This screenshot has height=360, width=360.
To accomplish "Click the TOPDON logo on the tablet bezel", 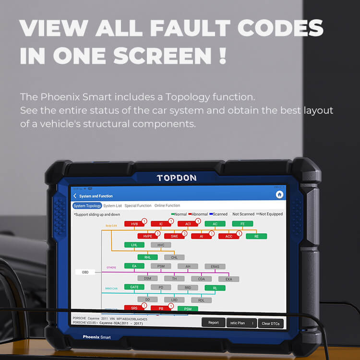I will [x=176, y=178].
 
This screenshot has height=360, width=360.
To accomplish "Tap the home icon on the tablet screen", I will [x=279, y=195].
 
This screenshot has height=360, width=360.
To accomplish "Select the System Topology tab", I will [x=87, y=205].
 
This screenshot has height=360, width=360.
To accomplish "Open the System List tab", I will [x=112, y=205].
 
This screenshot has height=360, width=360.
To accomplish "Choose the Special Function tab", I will [x=138, y=205].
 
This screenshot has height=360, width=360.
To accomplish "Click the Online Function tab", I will [x=167, y=205].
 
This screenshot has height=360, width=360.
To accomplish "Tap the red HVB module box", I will [x=134, y=224].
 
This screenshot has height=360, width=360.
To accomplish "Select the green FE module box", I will [x=242, y=224].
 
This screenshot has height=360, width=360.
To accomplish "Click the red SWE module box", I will [x=174, y=236].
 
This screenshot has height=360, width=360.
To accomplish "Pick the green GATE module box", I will [x=134, y=287].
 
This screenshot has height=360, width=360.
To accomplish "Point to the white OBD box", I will [x=85, y=272].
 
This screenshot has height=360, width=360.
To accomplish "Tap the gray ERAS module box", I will [x=215, y=266].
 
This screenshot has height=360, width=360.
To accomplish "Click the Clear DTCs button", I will [x=271, y=324].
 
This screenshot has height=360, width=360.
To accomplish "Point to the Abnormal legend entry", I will [x=197, y=214].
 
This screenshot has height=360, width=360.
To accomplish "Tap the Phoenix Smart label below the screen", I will [x=96, y=337].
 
